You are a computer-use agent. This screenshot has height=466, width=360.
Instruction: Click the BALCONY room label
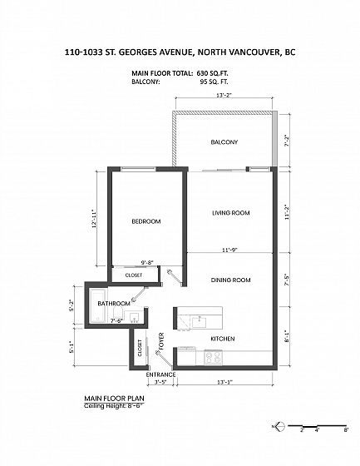pyautogui.click(x=224, y=142)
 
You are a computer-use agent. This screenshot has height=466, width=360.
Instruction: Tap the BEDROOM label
pyautogui.click(x=146, y=221)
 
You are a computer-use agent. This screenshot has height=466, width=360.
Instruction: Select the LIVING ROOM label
pyautogui.click(x=231, y=213)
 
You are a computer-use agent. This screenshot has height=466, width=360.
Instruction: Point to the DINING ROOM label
pyautogui.click(x=230, y=280)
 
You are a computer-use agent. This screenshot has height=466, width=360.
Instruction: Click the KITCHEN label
pyautogui.click(x=223, y=339)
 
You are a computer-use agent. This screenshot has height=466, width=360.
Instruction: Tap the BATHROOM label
pyautogui.click(x=114, y=304)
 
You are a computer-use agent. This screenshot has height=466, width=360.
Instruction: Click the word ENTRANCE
pyautogui.click(x=160, y=374)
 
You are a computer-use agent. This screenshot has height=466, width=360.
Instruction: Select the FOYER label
pyautogui.click(x=161, y=341)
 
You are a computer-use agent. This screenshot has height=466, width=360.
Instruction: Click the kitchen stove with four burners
pyautogui.click(x=214, y=358)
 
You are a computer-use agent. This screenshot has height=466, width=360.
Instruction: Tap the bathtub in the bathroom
pyautogui.click(x=98, y=305)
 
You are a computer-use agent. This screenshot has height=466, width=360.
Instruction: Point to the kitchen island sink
pyautogui.click(x=200, y=321)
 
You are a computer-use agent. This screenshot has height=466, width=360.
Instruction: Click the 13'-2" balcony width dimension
pyautogui.click(x=224, y=96)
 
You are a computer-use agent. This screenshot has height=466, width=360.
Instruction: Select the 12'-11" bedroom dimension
pyautogui.click(x=95, y=218)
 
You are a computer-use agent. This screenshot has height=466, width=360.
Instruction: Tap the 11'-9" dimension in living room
pyautogui.click(x=230, y=250)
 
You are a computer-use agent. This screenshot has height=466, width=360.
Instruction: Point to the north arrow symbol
pyautogui.click(x=280, y=426)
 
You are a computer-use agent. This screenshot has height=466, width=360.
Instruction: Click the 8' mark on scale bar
pyautogui.click(x=346, y=429)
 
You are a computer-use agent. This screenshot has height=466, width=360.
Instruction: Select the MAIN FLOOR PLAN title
pyautogui.click(x=115, y=399)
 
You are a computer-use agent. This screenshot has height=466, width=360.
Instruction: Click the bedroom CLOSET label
pyautogui.click(x=134, y=275)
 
